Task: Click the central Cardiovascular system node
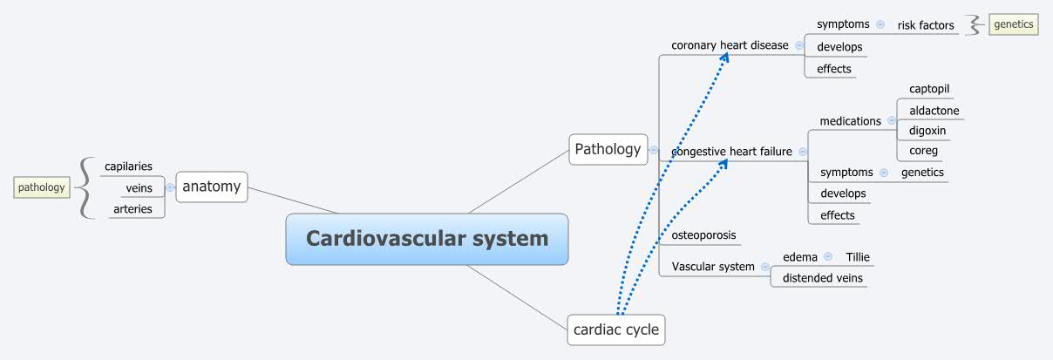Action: (x=427, y=239)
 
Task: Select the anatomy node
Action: (x=211, y=187)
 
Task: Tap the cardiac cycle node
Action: (x=615, y=330)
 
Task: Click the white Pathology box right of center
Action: (x=608, y=149)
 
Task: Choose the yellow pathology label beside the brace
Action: (x=41, y=187)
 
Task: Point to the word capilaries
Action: (x=128, y=166)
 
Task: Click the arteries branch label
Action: (x=132, y=209)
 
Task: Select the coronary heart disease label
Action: (x=730, y=45)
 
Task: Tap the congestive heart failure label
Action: (x=731, y=152)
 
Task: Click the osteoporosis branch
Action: (x=703, y=235)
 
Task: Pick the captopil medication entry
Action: (x=929, y=89)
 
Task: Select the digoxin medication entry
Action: (x=927, y=131)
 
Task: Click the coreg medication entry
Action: (x=923, y=151)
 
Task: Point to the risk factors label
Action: (x=926, y=25)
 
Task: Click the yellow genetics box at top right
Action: (x=1013, y=24)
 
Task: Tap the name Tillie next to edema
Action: (x=858, y=257)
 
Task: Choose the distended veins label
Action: (x=822, y=278)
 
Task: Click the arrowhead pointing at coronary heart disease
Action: (x=725, y=57)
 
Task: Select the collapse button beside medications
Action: (x=892, y=121)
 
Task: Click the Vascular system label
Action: (x=713, y=267)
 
